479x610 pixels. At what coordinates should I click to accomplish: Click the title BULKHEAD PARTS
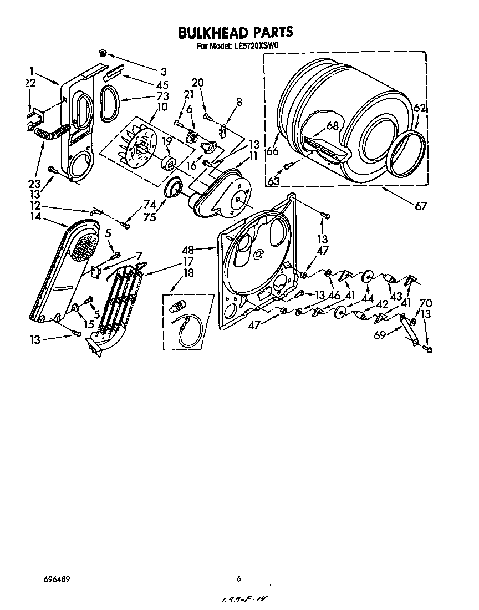(x=235, y=33)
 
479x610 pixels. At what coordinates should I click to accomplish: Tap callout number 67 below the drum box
(x=421, y=206)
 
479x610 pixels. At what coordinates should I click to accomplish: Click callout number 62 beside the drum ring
(x=420, y=109)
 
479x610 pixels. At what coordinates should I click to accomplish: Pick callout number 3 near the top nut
(x=164, y=71)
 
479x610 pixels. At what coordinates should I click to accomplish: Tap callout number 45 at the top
(x=162, y=85)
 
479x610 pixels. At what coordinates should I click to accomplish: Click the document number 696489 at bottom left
(x=57, y=578)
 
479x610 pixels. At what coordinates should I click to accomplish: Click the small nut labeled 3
(x=103, y=53)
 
